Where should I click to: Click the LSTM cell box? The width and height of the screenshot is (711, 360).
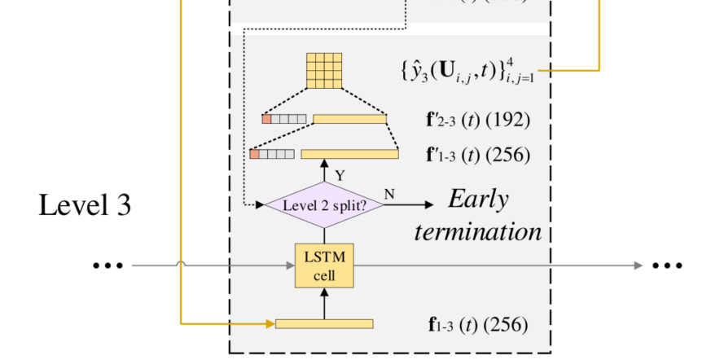[x=324, y=266]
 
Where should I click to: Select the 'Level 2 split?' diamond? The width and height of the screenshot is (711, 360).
[x=324, y=205]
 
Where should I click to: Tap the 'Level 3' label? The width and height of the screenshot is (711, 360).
[x=85, y=204]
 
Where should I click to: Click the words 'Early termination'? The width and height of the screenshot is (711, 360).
[x=478, y=216]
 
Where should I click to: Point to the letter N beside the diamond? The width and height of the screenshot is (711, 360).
[x=388, y=194]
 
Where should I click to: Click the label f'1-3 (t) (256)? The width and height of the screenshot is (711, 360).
[x=478, y=154]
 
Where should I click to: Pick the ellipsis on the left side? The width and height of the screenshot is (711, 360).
[x=108, y=266]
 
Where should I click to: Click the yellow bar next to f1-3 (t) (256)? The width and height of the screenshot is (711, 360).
[x=324, y=324]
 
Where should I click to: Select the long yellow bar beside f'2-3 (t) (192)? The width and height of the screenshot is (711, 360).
[x=349, y=119]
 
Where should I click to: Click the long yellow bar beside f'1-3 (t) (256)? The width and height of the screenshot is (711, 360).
[x=349, y=153]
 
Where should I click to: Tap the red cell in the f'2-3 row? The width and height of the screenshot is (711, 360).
[x=266, y=119]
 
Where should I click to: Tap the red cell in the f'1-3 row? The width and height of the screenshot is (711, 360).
[x=255, y=153]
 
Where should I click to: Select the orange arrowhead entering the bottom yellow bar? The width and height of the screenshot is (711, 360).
[x=270, y=324]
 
